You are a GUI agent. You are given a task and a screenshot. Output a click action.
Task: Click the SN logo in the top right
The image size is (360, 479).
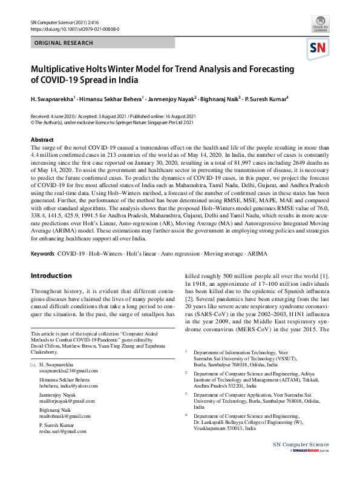(x=319, y=48)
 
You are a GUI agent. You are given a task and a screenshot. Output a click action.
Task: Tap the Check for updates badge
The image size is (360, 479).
(x=321, y=25)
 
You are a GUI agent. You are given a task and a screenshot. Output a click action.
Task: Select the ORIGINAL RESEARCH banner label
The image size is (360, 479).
(x=64, y=44)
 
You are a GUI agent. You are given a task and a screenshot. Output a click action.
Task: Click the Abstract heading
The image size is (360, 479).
(x=42, y=140)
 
